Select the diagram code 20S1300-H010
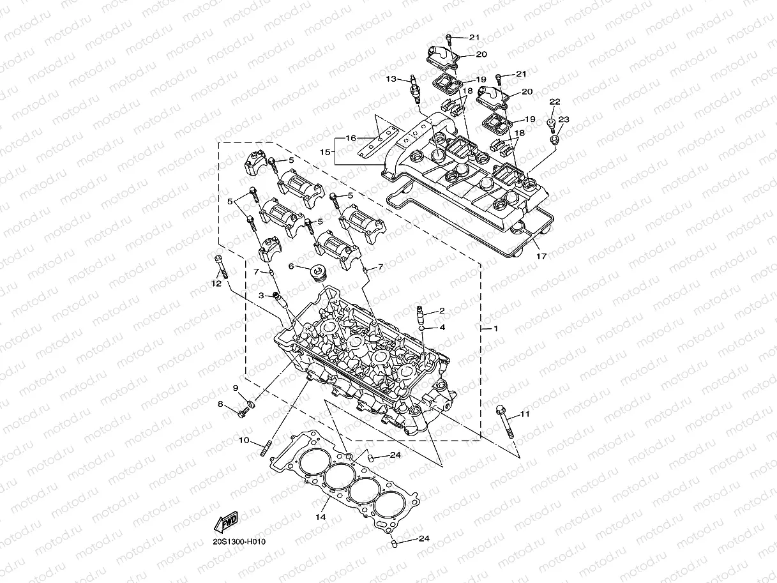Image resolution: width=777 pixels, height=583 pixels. (x=239, y=541)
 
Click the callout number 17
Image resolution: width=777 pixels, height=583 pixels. (x=541, y=257)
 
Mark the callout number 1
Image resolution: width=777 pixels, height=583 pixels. (x=495, y=328)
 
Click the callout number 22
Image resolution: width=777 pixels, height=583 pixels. (x=555, y=102)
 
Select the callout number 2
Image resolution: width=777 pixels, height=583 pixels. (x=441, y=311)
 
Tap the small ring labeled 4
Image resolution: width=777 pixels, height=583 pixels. (x=423, y=328)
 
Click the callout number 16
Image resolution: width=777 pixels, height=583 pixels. (x=351, y=138)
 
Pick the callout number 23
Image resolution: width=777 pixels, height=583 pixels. (x=563, y=119)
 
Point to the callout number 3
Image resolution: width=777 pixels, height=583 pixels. (x=261, y=296)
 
